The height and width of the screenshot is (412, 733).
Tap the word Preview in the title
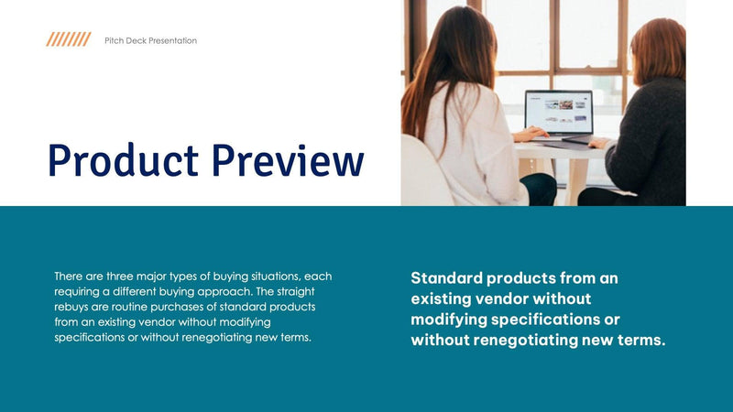(287, 160)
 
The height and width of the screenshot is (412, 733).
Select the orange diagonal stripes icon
(69, 39)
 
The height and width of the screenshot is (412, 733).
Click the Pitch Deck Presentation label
(150, 40)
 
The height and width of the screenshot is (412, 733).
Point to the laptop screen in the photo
(558, 112)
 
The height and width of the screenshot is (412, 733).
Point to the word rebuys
(74, 307)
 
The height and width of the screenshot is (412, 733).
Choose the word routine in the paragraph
(136, 307)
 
